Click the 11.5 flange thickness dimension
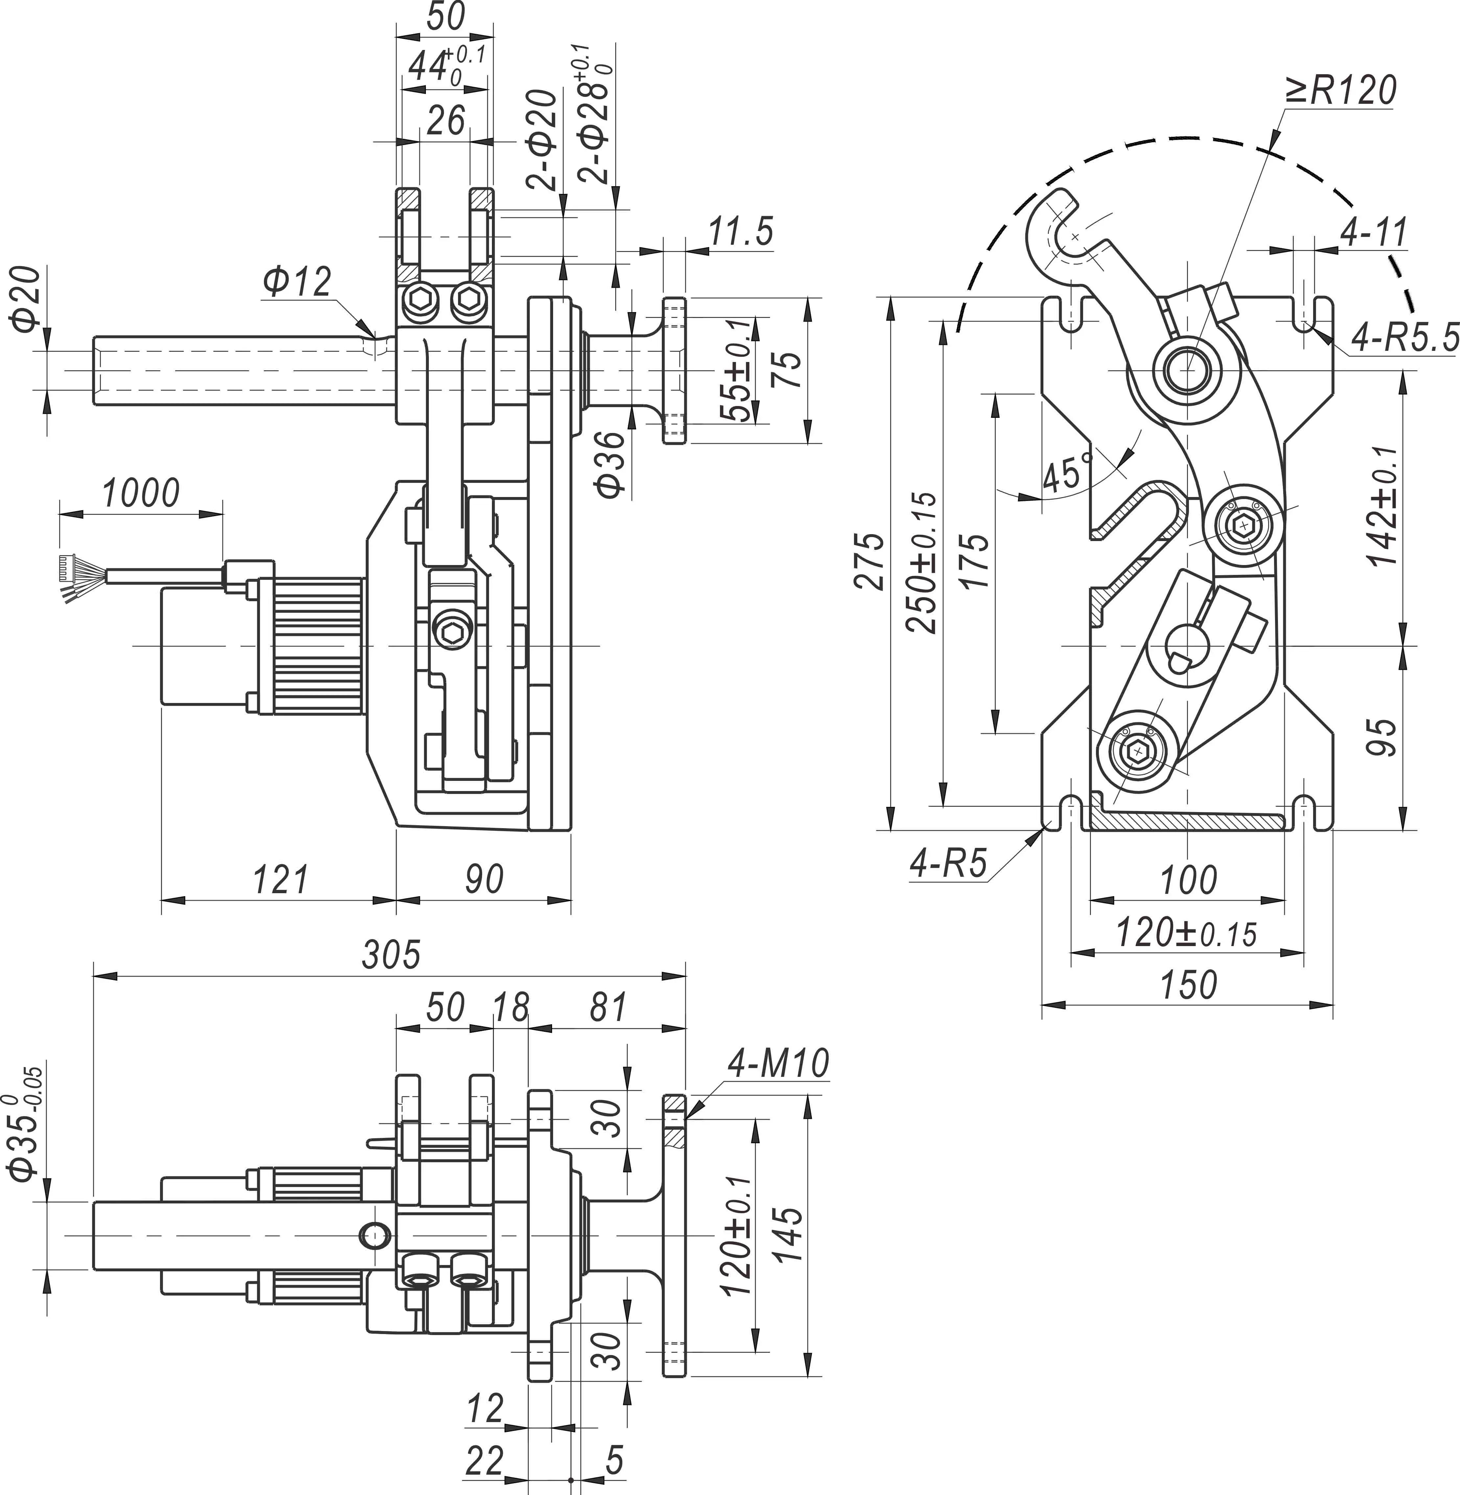740,232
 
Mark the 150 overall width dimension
1188,986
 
